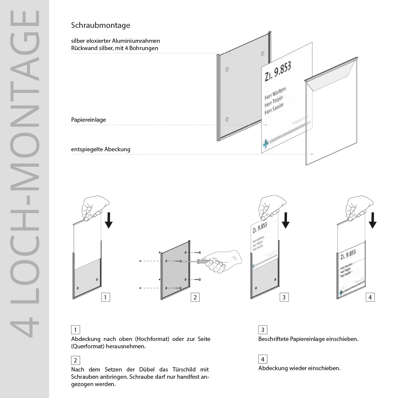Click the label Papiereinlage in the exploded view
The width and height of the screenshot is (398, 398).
point(88,120)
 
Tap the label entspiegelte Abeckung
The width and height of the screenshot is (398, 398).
point(100,149)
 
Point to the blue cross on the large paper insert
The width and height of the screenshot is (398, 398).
point(265,144)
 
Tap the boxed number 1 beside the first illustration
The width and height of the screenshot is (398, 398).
point(105,297)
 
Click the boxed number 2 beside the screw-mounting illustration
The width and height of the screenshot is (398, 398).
point(195,297)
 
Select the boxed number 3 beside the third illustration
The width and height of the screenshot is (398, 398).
point(284,297)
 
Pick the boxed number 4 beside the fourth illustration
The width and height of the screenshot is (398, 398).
point(370,297)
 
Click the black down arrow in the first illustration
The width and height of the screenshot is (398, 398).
point(108,221)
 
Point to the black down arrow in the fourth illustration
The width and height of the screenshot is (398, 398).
point(373,221)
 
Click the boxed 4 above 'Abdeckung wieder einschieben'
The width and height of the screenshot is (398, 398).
point(263,359)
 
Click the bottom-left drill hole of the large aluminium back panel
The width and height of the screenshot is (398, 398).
point(227,119)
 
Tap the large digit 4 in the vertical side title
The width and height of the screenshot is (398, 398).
point(25,327)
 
